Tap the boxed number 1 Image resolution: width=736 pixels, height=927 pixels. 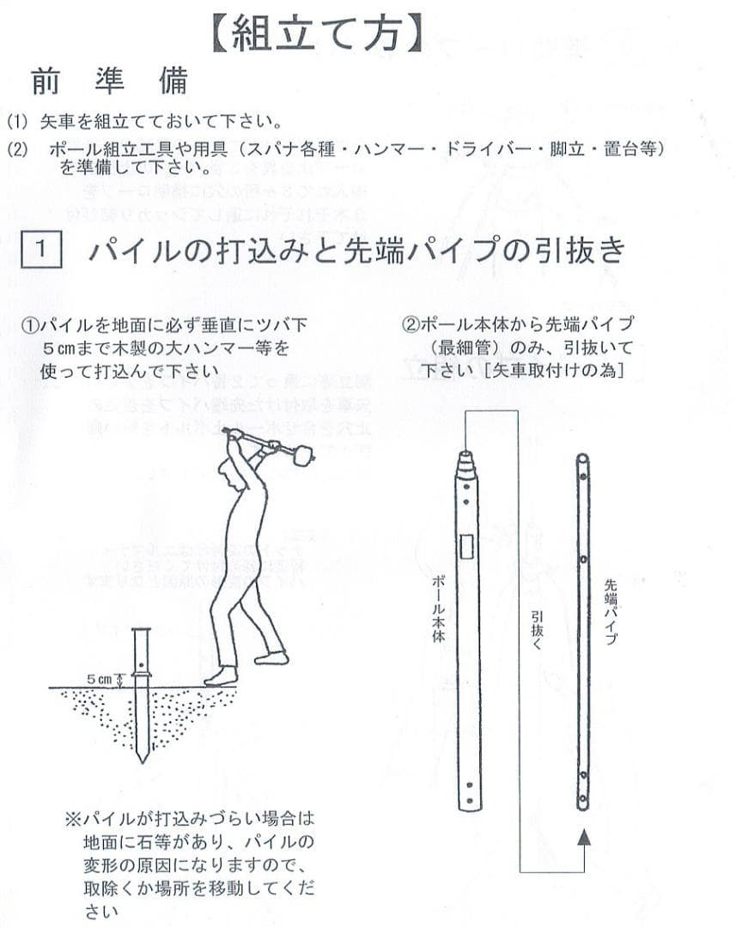[x=41, y=251]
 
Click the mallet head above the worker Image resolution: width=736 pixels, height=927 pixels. [x=301, y=457]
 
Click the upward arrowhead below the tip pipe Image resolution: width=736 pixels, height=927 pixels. [x=584, y=836]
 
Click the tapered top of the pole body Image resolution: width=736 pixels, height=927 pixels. [x=466, y=463]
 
